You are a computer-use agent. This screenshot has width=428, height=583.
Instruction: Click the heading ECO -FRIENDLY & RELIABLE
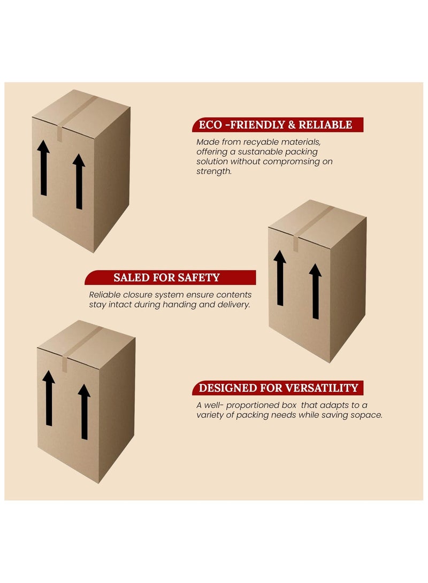click(276, 125)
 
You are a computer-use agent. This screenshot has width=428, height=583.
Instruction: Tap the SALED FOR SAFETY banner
click(167, 277)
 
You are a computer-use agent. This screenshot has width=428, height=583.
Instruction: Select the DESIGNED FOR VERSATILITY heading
click(278, 388)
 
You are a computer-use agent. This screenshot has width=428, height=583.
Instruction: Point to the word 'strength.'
click(214, 172)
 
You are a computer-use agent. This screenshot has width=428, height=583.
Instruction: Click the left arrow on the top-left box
click(43, 168)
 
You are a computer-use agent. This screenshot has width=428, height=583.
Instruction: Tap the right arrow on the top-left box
click(79, 182)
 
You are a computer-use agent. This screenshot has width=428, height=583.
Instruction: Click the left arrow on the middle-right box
click(280, 278)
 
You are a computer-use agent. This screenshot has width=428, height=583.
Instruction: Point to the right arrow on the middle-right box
click(315, 291)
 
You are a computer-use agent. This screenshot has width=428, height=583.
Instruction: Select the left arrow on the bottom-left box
click(49, 398)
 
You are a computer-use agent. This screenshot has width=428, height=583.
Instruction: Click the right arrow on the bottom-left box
click(84, 411)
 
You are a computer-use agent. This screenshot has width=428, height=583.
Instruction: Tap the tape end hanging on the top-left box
click(59, 133)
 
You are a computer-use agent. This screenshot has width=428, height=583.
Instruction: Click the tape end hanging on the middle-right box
click(296, 243)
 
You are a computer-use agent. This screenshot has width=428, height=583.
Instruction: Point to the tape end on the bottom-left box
click(64, 363)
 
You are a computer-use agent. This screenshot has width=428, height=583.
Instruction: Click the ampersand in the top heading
click(292, 125)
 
